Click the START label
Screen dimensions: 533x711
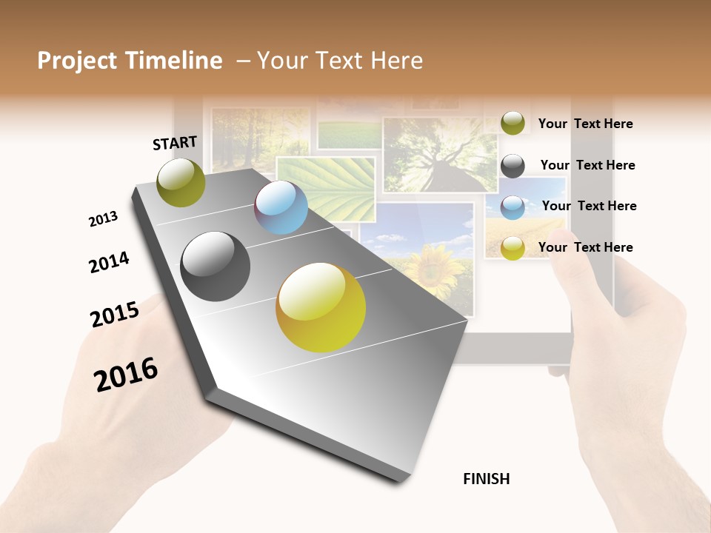(175, 143)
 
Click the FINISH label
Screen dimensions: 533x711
(487, 479)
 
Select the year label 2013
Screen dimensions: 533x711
(103, 219)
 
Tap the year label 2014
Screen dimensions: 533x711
(109, 262)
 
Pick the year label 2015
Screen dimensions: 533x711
(115, 314)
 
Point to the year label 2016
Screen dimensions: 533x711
(126, 373)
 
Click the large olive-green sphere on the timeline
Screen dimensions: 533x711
(181, 182)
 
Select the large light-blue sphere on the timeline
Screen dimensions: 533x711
(281, 207)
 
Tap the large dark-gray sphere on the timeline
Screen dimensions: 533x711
(216, 266)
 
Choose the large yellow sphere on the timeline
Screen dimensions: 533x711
(321, 307)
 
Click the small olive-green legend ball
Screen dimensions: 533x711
(513, 123)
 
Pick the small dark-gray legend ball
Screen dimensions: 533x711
(513, 166)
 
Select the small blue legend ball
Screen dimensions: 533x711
(513, 207)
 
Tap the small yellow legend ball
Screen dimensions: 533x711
(513, 248)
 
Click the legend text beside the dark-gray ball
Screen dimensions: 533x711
(587, 165)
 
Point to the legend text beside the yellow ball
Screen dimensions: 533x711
(585, 247)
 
